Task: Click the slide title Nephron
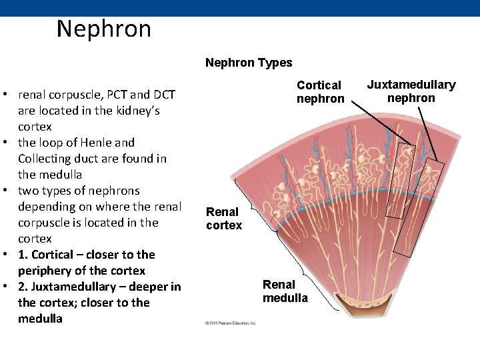(104, 29)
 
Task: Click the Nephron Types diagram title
(249, 63)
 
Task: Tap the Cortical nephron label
(320, 92)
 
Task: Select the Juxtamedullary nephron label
(411, 91)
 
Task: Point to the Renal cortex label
(224, 219)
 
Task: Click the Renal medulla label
(285, 291)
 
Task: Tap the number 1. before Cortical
(25, 255)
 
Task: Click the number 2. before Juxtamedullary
(25, 287)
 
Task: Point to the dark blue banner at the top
(240, 7)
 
